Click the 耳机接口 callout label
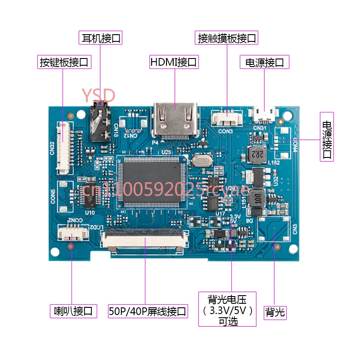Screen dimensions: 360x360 pyautogui.click(x=100, y=38)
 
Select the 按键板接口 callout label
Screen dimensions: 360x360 pyautogui.click(x=64, y=62)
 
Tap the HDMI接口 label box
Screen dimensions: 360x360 pyautogui.click(x=174, y=62)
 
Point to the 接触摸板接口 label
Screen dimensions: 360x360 pyautogui.click(x=227, y=38)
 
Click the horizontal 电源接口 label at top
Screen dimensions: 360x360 pyautogui.click(x=265, y=62)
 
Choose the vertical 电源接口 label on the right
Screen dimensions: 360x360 pyautogui.click(x=327, y=136)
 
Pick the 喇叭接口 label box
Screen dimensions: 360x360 pyautogui.click(x=73, y=310)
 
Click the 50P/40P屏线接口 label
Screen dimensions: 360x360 pyautogui.click(x=148, y=311)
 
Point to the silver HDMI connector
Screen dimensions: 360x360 pyautogui.click(x=175, y=119)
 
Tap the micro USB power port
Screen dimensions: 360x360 pyautogui.click(x=264, y=114)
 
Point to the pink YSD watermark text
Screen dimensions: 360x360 pyautogui.click(x=99, y=95)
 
